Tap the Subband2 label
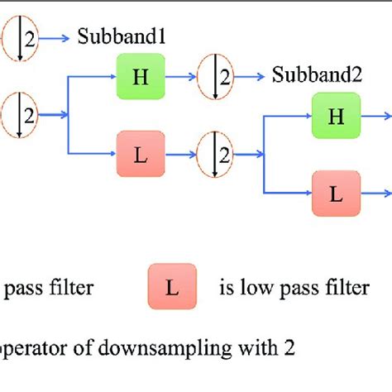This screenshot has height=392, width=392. pyautogui.click(x=317, y=76)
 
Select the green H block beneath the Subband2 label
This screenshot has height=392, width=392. pyautogui.click(x=337, y=116)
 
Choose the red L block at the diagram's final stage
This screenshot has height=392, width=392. pyautogui.click(x=337, y=194)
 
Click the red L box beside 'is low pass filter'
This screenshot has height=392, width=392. pyautogui.click(x=172, y=287)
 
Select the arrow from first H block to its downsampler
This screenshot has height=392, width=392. pyautogui.click(x=182, y=76)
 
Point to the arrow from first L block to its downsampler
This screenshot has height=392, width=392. pyautogui.click(x=182, y=153)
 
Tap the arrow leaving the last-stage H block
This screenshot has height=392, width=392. pyautogui.click(x=377, y=116)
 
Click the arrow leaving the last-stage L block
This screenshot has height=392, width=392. pyautogui.click(x=377, y=194)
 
